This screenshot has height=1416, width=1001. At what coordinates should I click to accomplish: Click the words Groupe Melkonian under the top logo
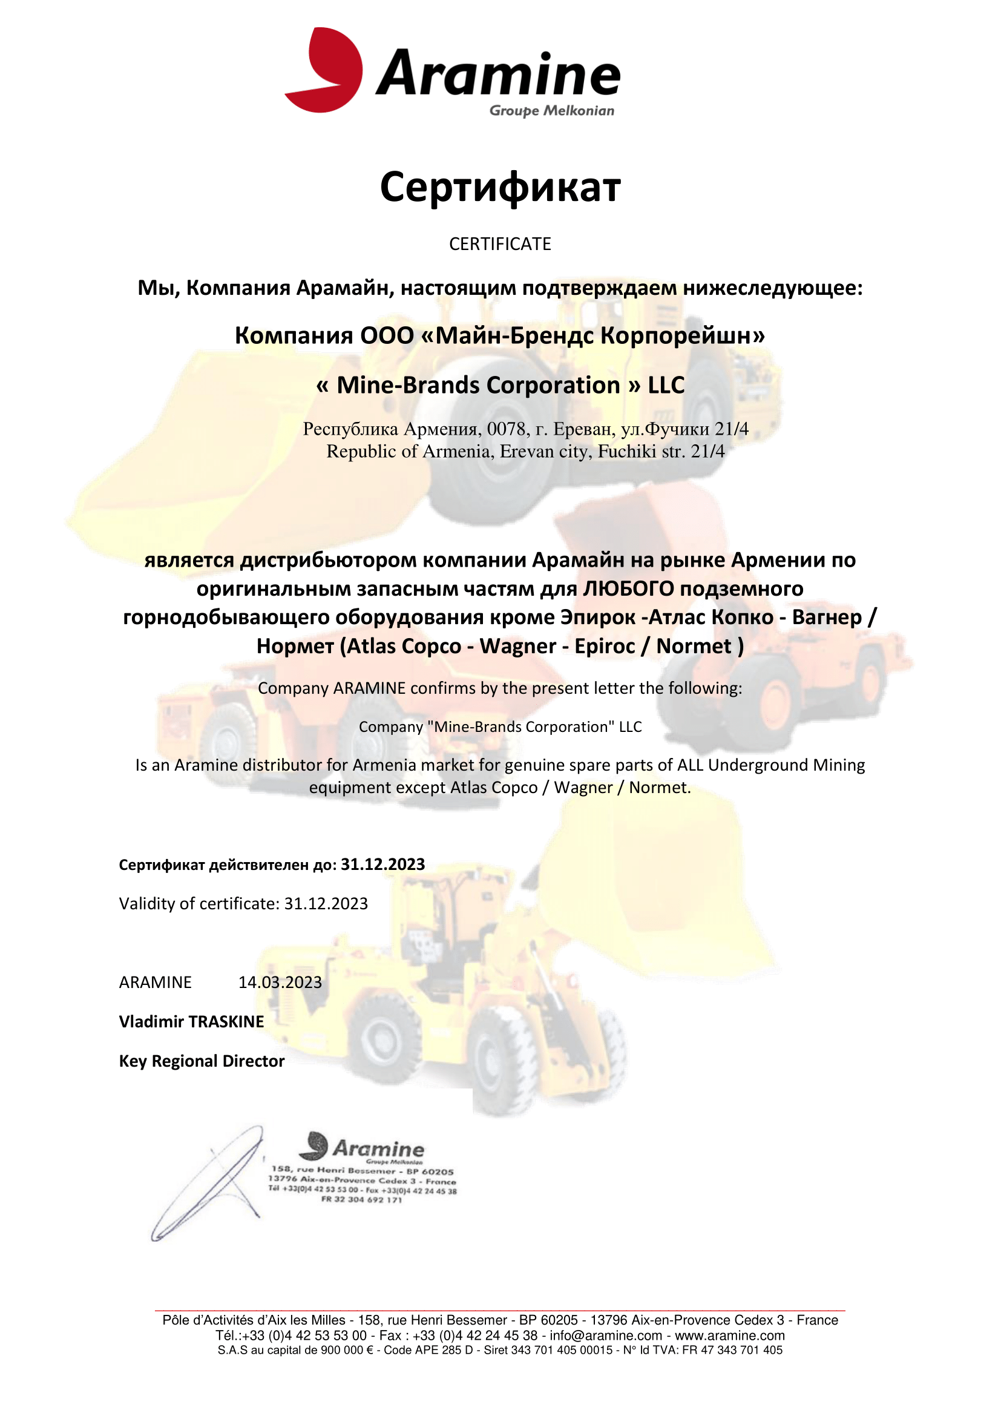[x=552, y=111]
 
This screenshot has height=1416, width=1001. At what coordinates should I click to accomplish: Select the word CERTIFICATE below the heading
[x=500, y=244]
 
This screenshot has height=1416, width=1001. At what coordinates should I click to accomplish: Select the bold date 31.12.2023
[x=382, y=864]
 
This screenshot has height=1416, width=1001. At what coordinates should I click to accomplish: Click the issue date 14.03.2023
[x=280, y=983]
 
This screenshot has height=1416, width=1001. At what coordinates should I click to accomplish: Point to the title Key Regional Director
[x=202, y=1061]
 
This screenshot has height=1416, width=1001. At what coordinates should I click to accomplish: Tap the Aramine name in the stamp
[x=378, y=1150]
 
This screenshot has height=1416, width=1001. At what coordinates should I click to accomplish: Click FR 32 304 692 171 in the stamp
[x=361, y=1199]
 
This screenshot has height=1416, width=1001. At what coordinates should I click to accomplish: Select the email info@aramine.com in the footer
[x=606, y=1336]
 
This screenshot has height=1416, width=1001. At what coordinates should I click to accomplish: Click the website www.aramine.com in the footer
[x=730, y=1336]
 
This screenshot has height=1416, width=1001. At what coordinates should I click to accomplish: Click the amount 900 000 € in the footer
[x=347, y=1351]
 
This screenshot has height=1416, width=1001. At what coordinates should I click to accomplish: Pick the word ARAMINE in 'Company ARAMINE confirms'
[x=369, y=688]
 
